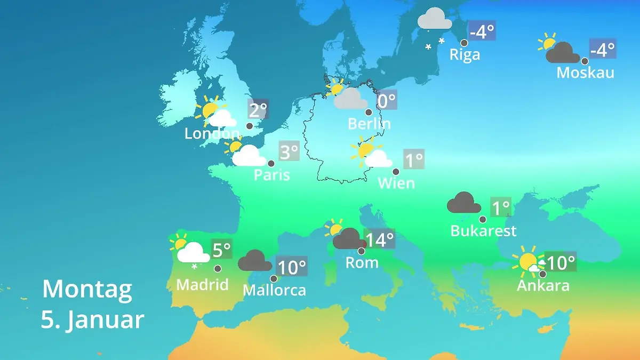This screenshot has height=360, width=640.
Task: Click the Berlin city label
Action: click(369, 124)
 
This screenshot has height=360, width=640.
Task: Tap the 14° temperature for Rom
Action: click(379, 240)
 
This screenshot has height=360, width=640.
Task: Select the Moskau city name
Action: click(585, 73)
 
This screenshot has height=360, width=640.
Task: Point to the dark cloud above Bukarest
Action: click(463, 203)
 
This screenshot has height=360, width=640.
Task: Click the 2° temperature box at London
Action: click(258, 110)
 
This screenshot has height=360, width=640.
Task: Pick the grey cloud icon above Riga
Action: click(435, 19)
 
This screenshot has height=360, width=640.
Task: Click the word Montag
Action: click(87, 289)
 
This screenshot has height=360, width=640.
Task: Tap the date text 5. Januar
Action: click(92, 319)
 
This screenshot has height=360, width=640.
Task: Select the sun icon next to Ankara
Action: click(528, 262)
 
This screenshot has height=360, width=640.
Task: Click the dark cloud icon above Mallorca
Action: click(254, 261)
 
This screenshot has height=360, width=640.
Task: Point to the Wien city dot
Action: click(396, 172)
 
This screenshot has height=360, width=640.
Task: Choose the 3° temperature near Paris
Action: click(289, 153)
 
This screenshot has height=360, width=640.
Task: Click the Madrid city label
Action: click(202, 285)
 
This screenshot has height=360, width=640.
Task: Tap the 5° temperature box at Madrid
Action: click(222, 249)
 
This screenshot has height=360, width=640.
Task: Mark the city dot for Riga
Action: click(464, 43)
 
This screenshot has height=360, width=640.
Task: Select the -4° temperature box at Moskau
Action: click(603, 50)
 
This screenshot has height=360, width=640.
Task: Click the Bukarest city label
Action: click(483, 231)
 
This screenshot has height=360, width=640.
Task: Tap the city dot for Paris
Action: click(271, 164)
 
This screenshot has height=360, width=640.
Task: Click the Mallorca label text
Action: click(274, 290)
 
